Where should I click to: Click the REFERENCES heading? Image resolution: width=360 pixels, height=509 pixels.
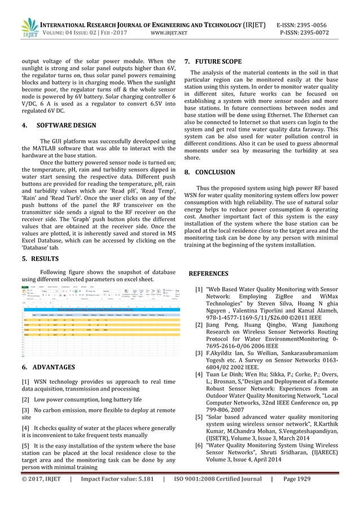point(208,274)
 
